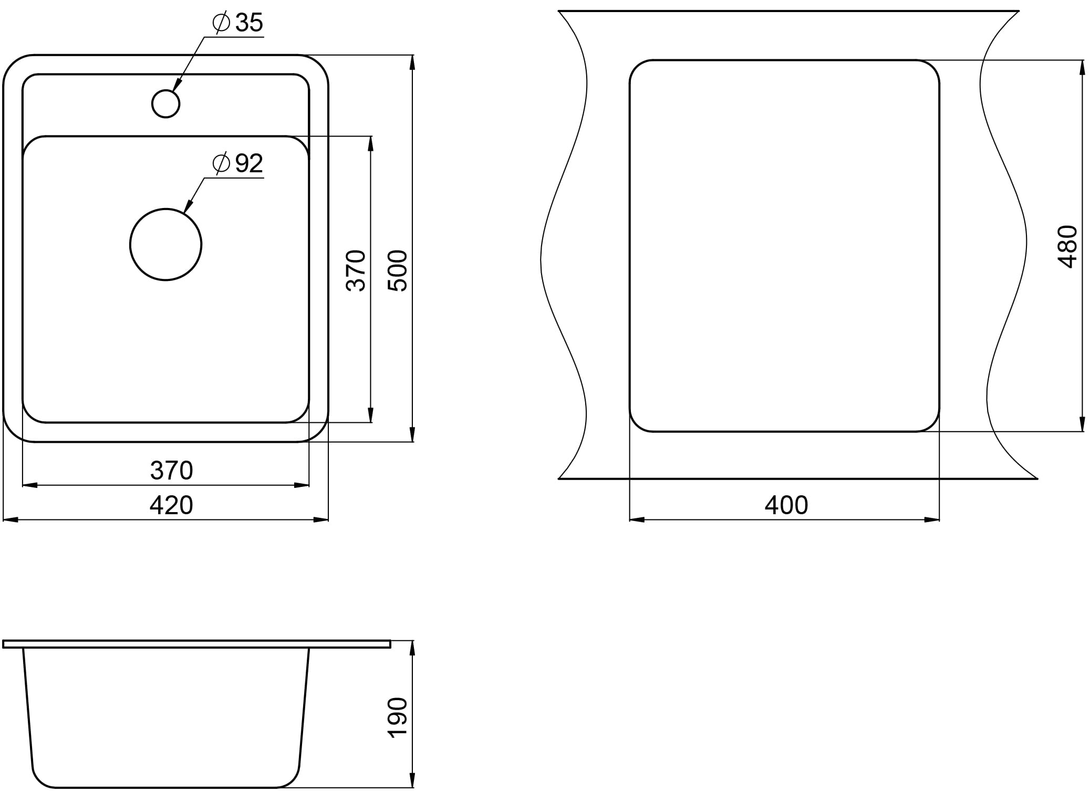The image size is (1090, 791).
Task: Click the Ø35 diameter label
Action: click(x=237, y=23)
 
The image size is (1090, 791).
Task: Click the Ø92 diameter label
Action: click(x=237, y=163)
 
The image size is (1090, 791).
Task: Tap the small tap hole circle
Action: click(x=165, y=103)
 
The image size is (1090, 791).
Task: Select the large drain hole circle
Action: click(x=165, y=245)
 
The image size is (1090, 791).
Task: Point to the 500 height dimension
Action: click(x=398, y=270)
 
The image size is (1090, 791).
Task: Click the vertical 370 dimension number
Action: click(x=356, y=270)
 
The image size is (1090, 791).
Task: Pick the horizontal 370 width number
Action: click(x=171, y=471)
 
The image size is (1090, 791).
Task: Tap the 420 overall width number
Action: click(x=171, y=505)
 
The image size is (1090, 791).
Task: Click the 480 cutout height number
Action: click(x=1067, y=247)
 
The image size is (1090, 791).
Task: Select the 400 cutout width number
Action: click(x=786, y=505)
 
